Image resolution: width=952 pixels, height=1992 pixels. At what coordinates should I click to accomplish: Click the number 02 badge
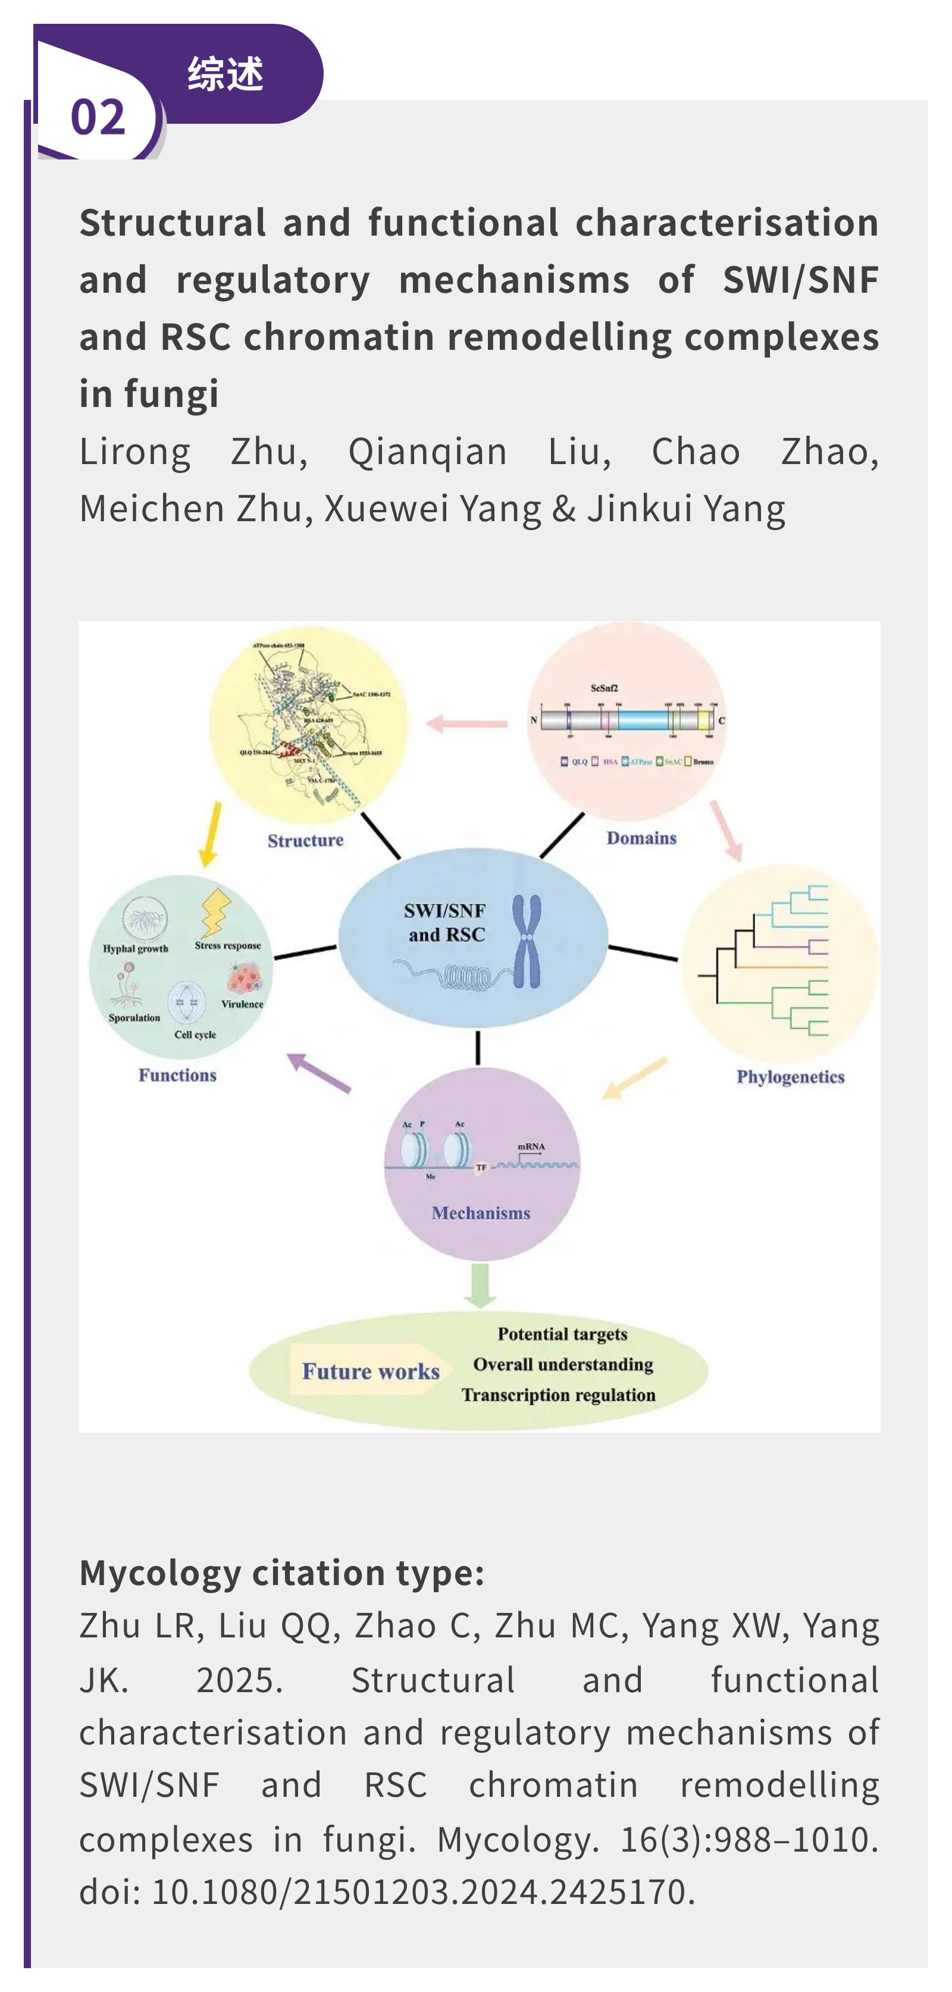click(98, 117)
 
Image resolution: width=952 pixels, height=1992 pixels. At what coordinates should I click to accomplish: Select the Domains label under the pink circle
click(641, 838)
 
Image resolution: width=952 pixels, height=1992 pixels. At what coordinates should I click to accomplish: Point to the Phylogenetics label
click(790, 1077)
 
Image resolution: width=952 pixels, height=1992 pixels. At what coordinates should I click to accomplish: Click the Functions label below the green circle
click(177, 1075)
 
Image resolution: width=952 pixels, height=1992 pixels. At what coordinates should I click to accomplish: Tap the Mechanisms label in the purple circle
click(480, 1213)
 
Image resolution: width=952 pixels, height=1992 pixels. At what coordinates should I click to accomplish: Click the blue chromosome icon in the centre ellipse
click(527, 941)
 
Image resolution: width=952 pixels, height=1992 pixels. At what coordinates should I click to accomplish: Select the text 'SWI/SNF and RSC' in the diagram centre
click(446, 923)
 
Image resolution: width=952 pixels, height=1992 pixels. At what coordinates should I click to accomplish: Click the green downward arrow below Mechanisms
click(480, 1285)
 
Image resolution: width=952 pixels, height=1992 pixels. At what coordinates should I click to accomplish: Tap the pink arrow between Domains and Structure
click(466, 724)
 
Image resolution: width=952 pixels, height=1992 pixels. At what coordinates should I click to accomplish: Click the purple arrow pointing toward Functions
click(318, 1073)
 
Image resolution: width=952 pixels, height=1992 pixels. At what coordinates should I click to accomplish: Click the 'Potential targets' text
click(562, 1334)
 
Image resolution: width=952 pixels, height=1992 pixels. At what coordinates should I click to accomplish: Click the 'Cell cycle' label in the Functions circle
click(195, 1035)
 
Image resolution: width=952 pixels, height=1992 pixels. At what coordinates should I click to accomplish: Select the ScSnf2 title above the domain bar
click(604, 687)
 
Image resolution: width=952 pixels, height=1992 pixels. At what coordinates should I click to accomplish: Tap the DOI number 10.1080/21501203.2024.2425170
click(418, 1891)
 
